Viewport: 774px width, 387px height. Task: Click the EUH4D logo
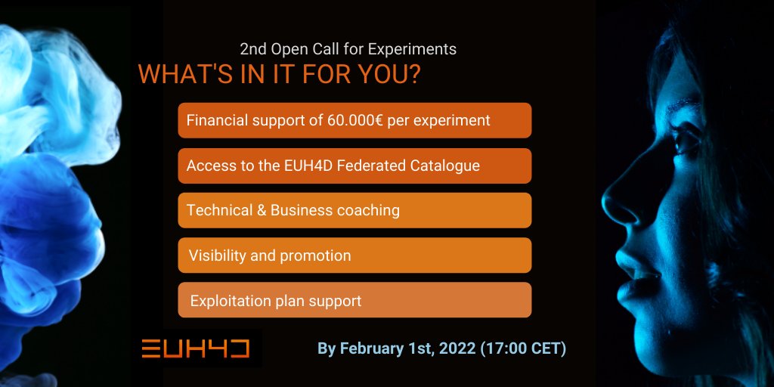[196, 348]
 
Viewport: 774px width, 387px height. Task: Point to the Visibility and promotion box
[354, 255]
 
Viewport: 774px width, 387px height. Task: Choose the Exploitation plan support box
[354, 300]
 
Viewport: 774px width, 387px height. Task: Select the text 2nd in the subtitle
[252, 50]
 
